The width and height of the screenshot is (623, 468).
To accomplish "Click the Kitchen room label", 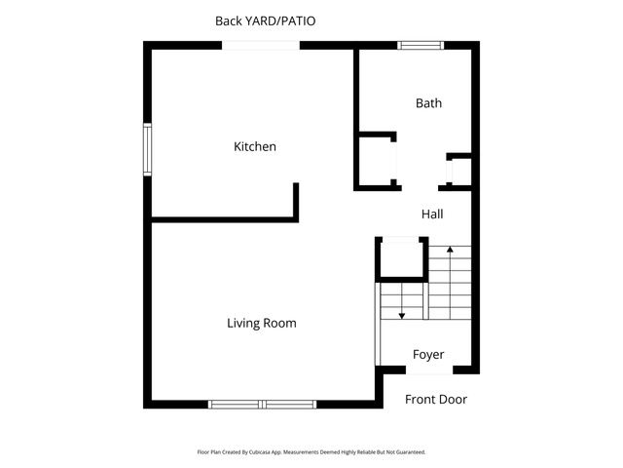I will pos(255,147).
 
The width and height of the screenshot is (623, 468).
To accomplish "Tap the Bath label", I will pos(428,102).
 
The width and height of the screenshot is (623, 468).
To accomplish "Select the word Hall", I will pos(432,214).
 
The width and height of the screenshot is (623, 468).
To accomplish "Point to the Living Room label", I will pos(262,323).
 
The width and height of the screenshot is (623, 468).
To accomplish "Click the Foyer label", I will pos(428,354).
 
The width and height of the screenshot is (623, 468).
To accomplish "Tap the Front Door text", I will pos(436,399).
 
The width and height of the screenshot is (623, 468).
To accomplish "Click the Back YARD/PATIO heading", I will pos(265,20).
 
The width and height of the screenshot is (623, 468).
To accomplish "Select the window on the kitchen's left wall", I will pos(148,149).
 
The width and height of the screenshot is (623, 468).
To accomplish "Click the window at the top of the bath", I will pos(421,45).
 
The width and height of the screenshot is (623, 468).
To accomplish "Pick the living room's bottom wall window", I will pos(262,404).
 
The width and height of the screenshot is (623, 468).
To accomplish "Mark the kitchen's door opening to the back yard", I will pos(262,45).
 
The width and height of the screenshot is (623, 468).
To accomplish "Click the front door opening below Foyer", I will pos(428,370).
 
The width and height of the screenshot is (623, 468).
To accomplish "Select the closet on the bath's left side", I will pos(376,161).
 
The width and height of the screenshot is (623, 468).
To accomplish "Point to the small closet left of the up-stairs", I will pos(401,259).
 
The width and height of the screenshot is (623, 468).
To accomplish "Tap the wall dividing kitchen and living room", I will pos(224,219).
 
